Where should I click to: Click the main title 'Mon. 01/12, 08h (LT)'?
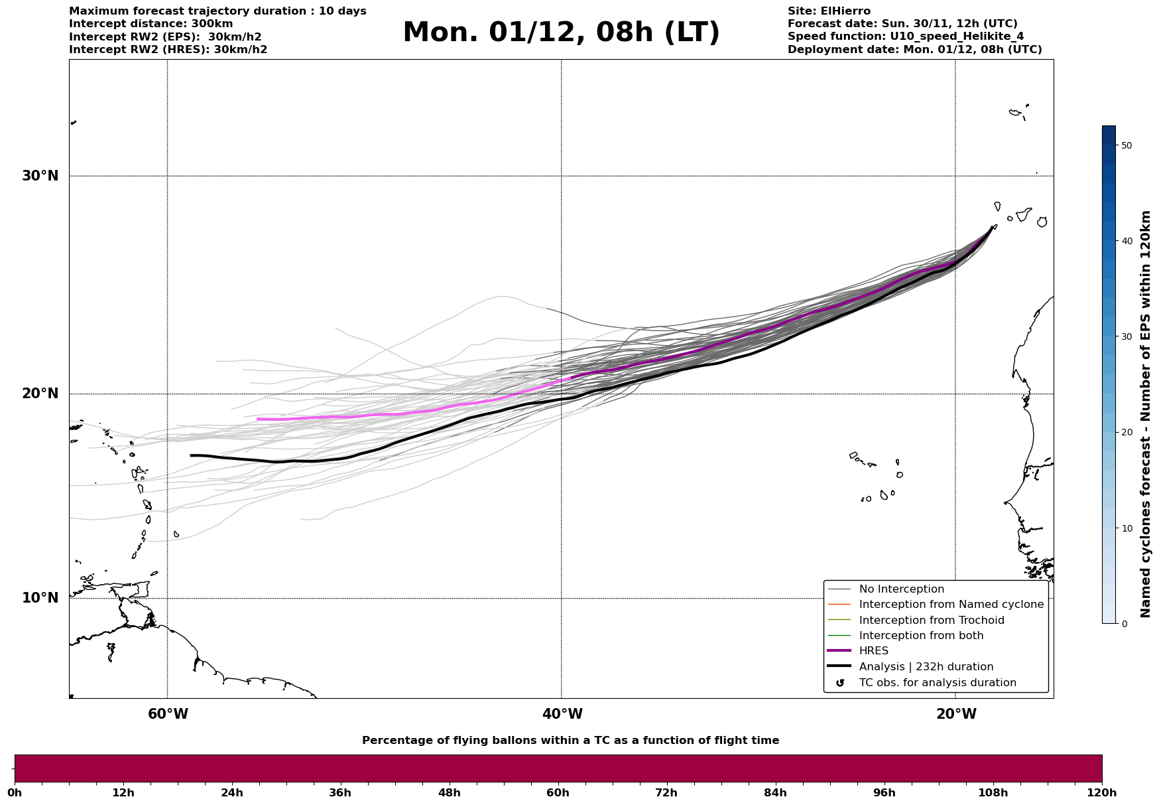pyautogui.click(x=561, y=33)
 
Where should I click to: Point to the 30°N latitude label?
pyautogui.click(x=40, y=176)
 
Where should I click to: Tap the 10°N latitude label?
pyautogui.click(x=40, y=598)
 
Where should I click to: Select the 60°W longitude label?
pyautogui.click(x=168, y=714)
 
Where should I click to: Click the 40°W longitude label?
pyautogui.click(x=562, y=714)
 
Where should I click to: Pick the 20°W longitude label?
pyautogui.click(x=956, y=714)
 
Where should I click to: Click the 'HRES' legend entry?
pyautogui.click(x=873, y=651)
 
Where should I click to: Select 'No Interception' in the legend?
pyautogui.click(x=901, y=589)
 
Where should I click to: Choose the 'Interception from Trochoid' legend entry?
pyautogui.click(x=931, y=621)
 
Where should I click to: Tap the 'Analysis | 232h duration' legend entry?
pyautogui.click(x=926, y=667)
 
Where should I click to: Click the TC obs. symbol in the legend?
pyautogui.click(x=840, y=683)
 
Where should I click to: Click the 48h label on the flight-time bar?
pyautogui.click(x=449, y=792)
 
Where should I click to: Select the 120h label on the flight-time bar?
pyautogui.click(x=1101, y=792)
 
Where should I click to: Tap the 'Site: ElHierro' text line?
pyautogui.click(x=829, y=11)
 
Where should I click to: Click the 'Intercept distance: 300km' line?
pyautogui.click(x=151, y=24)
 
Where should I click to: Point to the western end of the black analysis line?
pyautogui.click(x=191, y=455)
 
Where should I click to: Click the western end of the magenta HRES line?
pyautogui.click(x=258, y=419)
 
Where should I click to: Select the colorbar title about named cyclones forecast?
pyautogui.click(x=1145, y=414)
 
